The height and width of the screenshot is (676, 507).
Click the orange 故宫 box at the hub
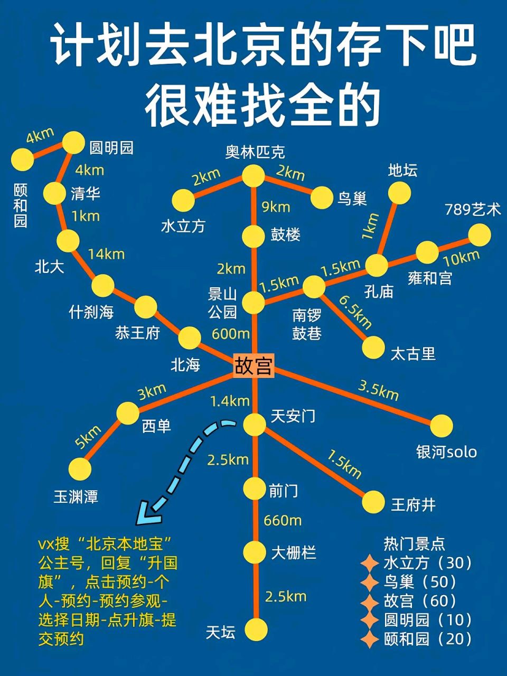click(x=253, y=365)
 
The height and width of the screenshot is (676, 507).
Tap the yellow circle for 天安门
click(x=254, y=424)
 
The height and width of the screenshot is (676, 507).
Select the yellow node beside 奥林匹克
click(x=253, y=176)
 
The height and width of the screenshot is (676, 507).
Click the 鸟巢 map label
click(x=352, y=199)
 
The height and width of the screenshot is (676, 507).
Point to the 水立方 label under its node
click(x=183, y=226)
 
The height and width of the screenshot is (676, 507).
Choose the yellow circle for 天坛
click(x=256, y=629)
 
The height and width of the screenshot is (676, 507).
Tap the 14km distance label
click(x=106, y=254)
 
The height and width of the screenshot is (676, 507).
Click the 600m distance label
click(x=230, y=334)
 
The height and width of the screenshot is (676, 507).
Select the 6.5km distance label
click(x=355, y=312)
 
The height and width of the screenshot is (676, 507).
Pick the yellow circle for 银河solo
click(x=442, y=426)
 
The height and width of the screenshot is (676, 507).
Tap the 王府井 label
click(x=413, y=505)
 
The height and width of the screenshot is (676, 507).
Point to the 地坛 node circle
click(x=399, y=193)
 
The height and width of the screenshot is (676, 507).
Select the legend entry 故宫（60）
click(x=420, y=600)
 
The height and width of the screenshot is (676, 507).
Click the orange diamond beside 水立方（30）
click(x=370, y=563)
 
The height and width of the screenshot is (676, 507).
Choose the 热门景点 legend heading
click(x=414, y=543)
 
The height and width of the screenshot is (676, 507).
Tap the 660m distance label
click(x=283, y=521)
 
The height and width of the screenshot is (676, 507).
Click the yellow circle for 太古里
click(x=373, y=346)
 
